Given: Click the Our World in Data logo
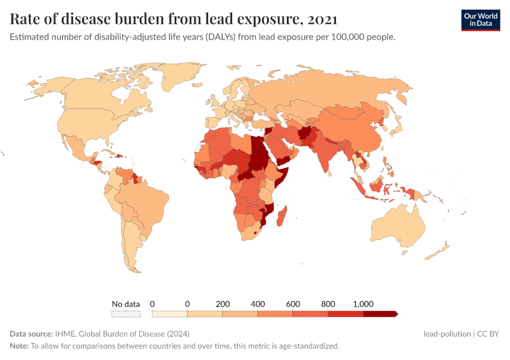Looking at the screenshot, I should click(x=480, y=20).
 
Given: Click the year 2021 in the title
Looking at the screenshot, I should click(x=322, y=19).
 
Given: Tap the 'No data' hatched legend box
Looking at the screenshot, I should click(x=125, y=313).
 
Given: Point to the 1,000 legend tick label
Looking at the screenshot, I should click(x=363, y=304).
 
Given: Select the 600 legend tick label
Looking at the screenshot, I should click(x=293, y=304).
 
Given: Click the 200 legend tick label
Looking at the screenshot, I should click(x=223, y=304).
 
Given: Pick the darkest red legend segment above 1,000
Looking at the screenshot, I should click(x=380, y=313).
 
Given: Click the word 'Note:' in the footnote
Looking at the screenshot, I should click(x=19, y=346).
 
